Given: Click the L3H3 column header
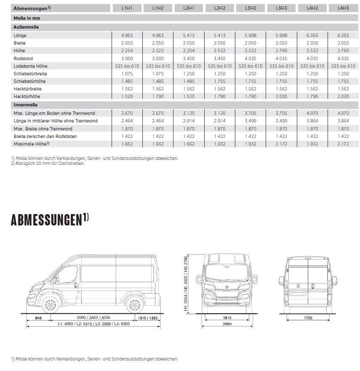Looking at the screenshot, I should [x=281, y=8].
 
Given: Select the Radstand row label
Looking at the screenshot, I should [x=23, y=58].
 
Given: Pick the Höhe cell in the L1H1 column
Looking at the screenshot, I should [x=127, y=51].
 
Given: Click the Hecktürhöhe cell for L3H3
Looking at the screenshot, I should [x=281, y=96].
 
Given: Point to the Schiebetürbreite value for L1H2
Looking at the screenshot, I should [x=158, y=74].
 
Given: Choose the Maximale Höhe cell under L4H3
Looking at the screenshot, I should [x=343, y=144].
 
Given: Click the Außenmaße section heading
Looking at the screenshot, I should [x=27, y=27].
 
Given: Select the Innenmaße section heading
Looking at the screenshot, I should [x=26, y=105].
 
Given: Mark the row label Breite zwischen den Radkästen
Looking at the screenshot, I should [x=45, y=136].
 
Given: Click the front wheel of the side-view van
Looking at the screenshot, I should [x=50, y=305].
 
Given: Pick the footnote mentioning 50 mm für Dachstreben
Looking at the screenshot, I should [x=48, y=164].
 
